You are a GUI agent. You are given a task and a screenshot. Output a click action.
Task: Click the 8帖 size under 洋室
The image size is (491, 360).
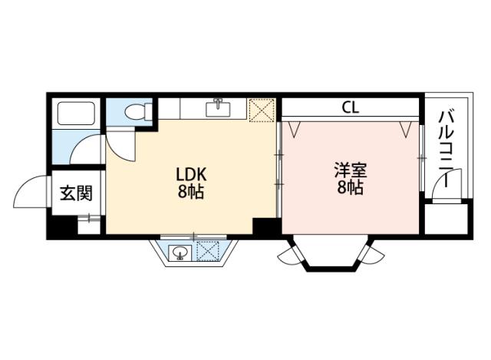coord(350,189)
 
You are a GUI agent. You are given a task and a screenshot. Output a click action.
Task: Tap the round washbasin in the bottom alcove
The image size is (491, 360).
coord(180,251)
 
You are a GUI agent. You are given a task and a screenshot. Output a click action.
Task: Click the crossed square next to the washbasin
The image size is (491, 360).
coord(206,250)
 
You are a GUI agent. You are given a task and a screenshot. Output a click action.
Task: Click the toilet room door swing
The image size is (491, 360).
coord(119,142)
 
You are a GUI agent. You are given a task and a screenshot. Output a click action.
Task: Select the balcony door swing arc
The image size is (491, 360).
coord(458,184)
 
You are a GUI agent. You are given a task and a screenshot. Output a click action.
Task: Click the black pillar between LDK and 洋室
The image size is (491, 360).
coord(265,226)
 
